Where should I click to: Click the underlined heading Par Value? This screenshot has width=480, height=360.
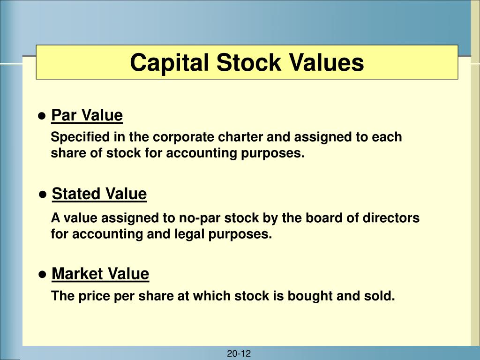pos(87,115)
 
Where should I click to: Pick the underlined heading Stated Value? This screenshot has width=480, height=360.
pos(99,194)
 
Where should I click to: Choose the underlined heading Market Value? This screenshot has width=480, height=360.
pos(100,273)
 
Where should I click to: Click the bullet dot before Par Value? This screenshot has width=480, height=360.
pos(42,116)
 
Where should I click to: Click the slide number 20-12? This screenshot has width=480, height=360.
pos(239,354)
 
